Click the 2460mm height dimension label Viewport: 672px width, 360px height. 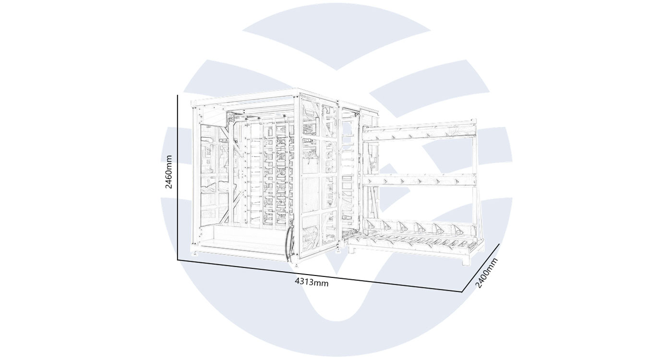coord(169,172)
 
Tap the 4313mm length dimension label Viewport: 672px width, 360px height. coord(312,282)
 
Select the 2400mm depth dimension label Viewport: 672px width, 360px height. coord(487,273)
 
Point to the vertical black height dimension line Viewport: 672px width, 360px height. coord(178,178)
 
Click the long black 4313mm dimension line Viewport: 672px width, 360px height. coord(320,276)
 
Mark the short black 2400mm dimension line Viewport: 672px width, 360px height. coord(481,268)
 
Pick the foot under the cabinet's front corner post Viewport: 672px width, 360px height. coord(297,264)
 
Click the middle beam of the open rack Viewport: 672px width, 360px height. coord(420,180)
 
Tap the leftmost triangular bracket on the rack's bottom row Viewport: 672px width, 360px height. coord(369,225)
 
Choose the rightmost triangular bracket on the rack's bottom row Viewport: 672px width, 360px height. coord(458,229)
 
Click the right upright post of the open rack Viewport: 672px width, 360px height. coord(475,192)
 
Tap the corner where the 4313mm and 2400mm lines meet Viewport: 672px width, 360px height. coord(462,292)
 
